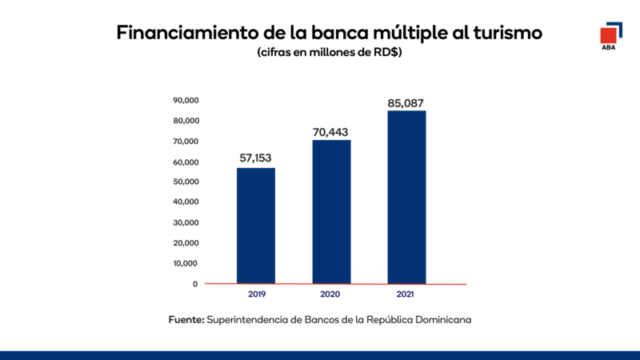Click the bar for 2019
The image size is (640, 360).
click(256, 226)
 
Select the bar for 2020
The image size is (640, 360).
click(331, 212)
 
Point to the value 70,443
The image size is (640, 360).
click(331, 131)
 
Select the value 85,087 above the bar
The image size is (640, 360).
click(406, 102)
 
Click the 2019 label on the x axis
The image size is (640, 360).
click(256, 295)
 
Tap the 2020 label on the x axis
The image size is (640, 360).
click(331, 295)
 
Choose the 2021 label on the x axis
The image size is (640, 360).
click(406, 295)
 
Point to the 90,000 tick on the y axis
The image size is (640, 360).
click(186, 101)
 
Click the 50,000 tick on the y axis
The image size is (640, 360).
click(186, 182)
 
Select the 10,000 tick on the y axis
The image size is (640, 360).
click(186, 263)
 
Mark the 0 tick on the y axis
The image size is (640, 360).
click(194, 284)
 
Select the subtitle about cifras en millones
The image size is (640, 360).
click(329, 53)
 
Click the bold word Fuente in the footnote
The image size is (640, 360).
click(186, 319)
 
